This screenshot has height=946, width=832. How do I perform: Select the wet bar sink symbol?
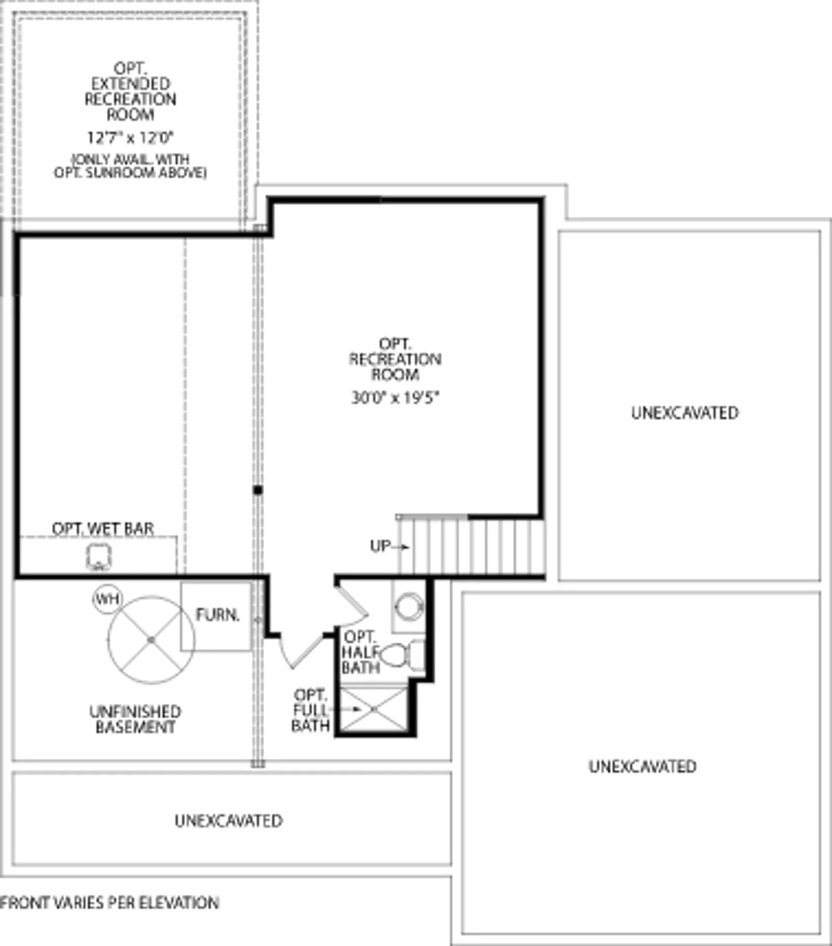point(98,557)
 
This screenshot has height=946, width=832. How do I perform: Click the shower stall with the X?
point(373,709)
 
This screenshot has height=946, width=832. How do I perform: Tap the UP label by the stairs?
point(380,546)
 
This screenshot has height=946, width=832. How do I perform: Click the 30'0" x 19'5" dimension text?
point(396,398)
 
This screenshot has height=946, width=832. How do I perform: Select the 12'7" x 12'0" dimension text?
point(130,138)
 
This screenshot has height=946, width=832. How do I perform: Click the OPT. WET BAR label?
point(103,529)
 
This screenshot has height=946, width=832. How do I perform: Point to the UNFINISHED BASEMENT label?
point(135,719)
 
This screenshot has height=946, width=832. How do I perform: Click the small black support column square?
point(258,490)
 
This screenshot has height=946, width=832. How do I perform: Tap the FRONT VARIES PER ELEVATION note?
point(109,903)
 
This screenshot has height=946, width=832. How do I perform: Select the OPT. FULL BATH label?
point(310,710)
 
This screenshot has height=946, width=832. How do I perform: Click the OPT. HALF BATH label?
point(360,652)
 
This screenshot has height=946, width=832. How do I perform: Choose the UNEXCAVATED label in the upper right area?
point(685,413)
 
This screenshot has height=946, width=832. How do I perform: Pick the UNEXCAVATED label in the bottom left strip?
point(229,821)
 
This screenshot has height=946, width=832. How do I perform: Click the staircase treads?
point(471,546)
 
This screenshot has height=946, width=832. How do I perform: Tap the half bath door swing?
point(352,606)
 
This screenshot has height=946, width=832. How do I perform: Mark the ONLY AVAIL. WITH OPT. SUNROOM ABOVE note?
point(130,166)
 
